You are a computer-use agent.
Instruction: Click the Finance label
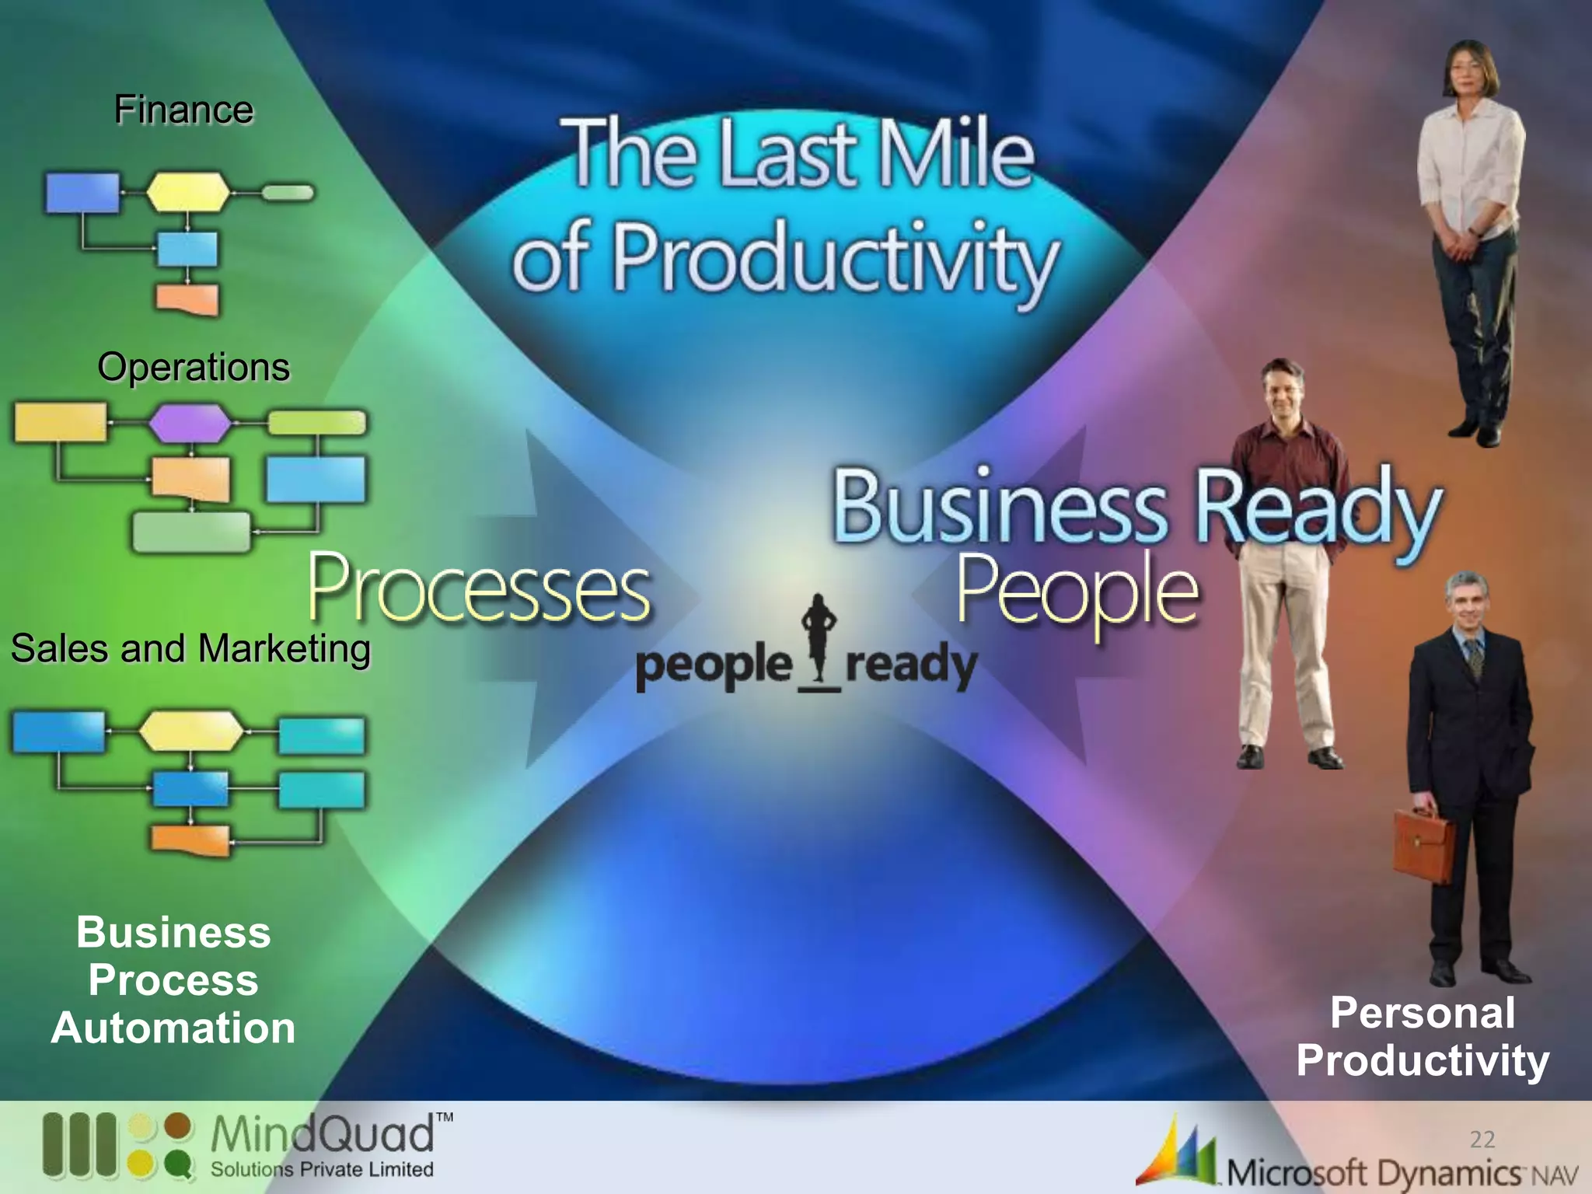click(x=183, y=110)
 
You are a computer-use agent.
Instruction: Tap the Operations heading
click(x=194, y=367)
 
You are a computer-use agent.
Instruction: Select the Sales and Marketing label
click(x=190, y=648)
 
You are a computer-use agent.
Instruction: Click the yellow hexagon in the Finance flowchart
click(x=188, y=191)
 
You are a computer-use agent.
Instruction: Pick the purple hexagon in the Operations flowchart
click(x=190, y=424)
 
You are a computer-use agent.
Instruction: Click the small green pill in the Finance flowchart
click(x=287, y=192)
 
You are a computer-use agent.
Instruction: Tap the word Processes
click(x=479, y=588)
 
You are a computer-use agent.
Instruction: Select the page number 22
click(x=1482, y=1140)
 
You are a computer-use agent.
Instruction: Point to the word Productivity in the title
click(x=836, y=258)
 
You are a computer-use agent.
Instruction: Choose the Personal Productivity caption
click(x=1423, y=1037)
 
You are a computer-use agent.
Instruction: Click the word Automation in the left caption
click(x=173, y=1028)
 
